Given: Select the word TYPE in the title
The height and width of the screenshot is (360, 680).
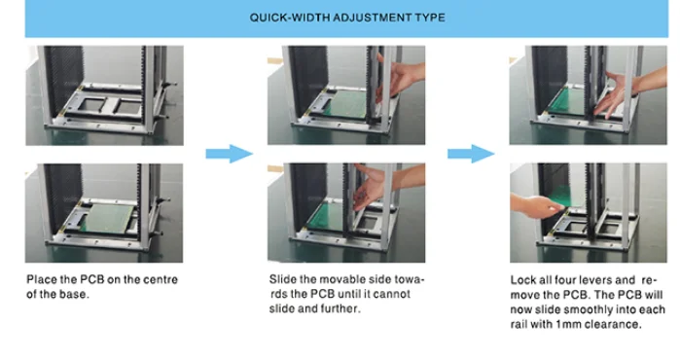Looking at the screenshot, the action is point(430,18).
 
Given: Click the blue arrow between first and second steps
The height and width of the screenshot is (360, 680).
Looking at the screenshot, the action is point(229,154).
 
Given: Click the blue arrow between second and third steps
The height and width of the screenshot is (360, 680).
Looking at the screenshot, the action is point(471,154).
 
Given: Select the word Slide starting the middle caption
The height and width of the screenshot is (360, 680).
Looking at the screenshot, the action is point(279,279).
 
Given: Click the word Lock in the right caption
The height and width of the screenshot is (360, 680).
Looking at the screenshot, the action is point(520,280).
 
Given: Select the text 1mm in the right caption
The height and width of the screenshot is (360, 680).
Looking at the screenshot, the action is point(568,324).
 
